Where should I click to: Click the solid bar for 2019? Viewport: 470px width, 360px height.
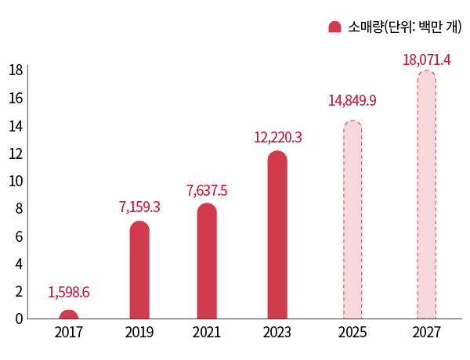coord(139,270)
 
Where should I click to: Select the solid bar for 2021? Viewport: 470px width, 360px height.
coord(207,261)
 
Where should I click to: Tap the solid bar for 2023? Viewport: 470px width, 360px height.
coord(277,235)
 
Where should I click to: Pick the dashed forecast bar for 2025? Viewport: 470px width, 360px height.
coord(352,220)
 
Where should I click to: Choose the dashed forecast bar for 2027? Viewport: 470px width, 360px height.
coord(426,195)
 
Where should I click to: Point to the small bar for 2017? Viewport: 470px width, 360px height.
coord(69,315)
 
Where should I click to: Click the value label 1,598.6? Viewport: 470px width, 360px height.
coord(69,293)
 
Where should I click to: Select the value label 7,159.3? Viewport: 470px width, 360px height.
coord(139,207)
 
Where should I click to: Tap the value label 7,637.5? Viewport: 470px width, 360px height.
coord(207,190)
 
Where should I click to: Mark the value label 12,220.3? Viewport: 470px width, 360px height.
coord(277,138)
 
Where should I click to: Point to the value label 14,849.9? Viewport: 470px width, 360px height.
coord(352,101)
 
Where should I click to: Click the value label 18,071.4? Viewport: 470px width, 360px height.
coord(426,59)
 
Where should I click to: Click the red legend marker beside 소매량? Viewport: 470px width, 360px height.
coord(334,27)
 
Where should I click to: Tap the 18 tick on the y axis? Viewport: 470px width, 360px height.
coord(15,70)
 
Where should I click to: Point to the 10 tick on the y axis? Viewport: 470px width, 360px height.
coord(15,181)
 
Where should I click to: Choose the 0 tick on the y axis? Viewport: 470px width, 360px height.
coord(17,319)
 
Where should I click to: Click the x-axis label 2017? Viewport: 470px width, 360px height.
coord(69,333)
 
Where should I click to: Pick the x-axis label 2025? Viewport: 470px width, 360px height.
coord(352,333)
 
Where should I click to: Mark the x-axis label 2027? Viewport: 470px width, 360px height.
coord(426,333)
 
